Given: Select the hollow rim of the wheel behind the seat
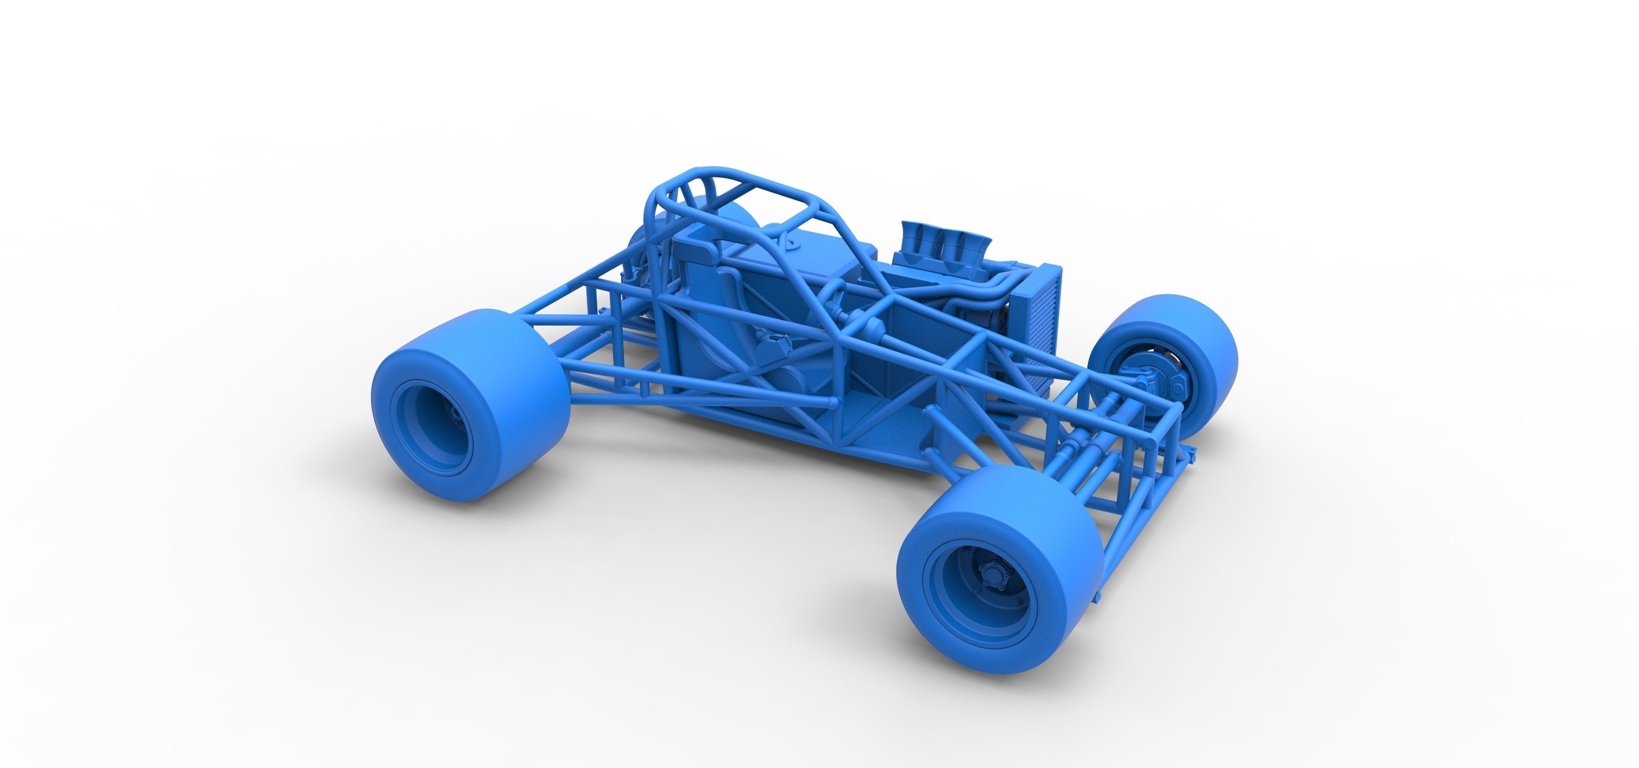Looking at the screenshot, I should (433, 427).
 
